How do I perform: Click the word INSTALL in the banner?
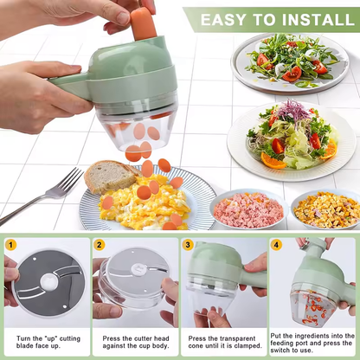click(304, 19)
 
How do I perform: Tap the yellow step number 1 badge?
click(11, 245)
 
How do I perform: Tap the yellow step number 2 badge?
click(100, 245)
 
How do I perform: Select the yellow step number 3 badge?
click(188, 245)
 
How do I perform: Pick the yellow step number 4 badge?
click(276, 245)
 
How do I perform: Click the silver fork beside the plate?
click(43, 195)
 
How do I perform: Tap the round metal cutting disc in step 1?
click(48, 282)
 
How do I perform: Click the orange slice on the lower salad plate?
click(275, 161)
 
